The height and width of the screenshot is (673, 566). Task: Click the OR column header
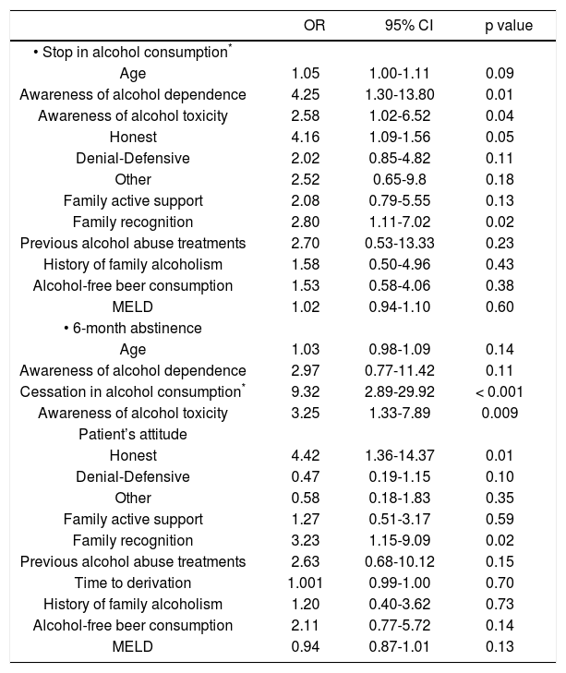click(x=314, y=26)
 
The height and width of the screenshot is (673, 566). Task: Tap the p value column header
click(x=509, y=26)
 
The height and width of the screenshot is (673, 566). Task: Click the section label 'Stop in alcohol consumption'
click(x=131, y=52)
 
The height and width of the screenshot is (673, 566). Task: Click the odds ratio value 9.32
click(x=305, y=391)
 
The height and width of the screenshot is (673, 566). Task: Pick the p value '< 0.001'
click(x=500, y=391)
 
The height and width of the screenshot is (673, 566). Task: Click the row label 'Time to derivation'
click(x=133, y=583)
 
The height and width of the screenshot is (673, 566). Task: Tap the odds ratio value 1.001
click(x=305, y=583)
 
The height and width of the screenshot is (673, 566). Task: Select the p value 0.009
click(x=500, y=413)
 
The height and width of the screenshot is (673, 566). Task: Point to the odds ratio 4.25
click(x=305, y=94)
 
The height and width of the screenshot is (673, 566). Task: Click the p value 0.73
click(x=500, y=604)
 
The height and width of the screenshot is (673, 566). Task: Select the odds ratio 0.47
click(x=305, y=476)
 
